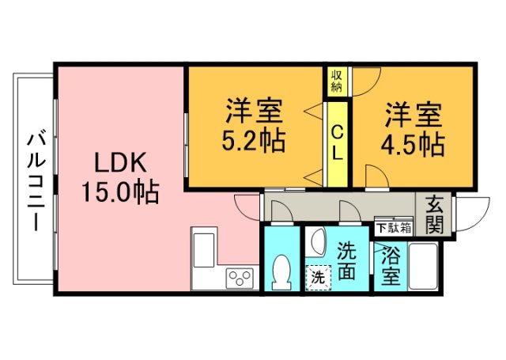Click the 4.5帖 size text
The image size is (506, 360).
point(413,143)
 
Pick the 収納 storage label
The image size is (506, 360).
point(336,80)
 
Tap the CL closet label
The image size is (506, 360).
point(336,142)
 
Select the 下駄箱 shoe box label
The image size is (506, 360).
point(393,228)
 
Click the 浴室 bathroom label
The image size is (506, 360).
point(389,266)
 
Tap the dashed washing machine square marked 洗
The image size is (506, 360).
point(317,278)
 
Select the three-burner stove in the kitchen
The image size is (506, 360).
point(240,279)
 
